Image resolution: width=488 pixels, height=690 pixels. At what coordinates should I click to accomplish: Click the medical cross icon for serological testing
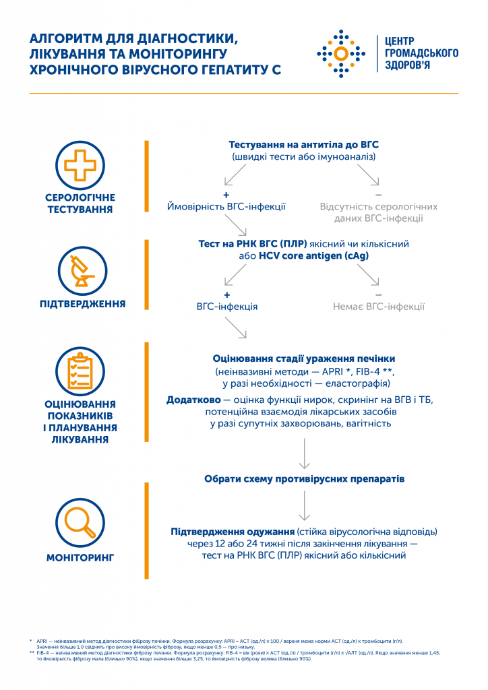pyautogui.click(x=80, y=164)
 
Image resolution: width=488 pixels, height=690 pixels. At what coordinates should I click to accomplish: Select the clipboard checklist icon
pyautogui.click(x=81, y=369)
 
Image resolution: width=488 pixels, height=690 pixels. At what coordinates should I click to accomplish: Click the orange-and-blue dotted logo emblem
pyautogui.click(x=341, y=52)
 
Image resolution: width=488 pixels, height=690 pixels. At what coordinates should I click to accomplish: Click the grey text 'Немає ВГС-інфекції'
pyautogui.click(x=378, y=307)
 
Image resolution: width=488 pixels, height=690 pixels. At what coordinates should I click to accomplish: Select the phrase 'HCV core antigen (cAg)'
pyautogui.click(x=313, y=257)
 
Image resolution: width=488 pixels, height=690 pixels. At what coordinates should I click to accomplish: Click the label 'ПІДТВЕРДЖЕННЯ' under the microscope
pyautogui.click(x=81, y=304)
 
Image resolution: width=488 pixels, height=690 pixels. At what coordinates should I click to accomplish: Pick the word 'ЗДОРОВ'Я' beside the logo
pyautogui.click(x=403, y=65)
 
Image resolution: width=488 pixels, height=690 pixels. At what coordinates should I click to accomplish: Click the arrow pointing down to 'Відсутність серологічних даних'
pyautogui.click(x=367, y=175)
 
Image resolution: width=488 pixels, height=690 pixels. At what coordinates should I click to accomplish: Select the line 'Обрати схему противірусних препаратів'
pyautogui.click(x=304, y=479)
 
